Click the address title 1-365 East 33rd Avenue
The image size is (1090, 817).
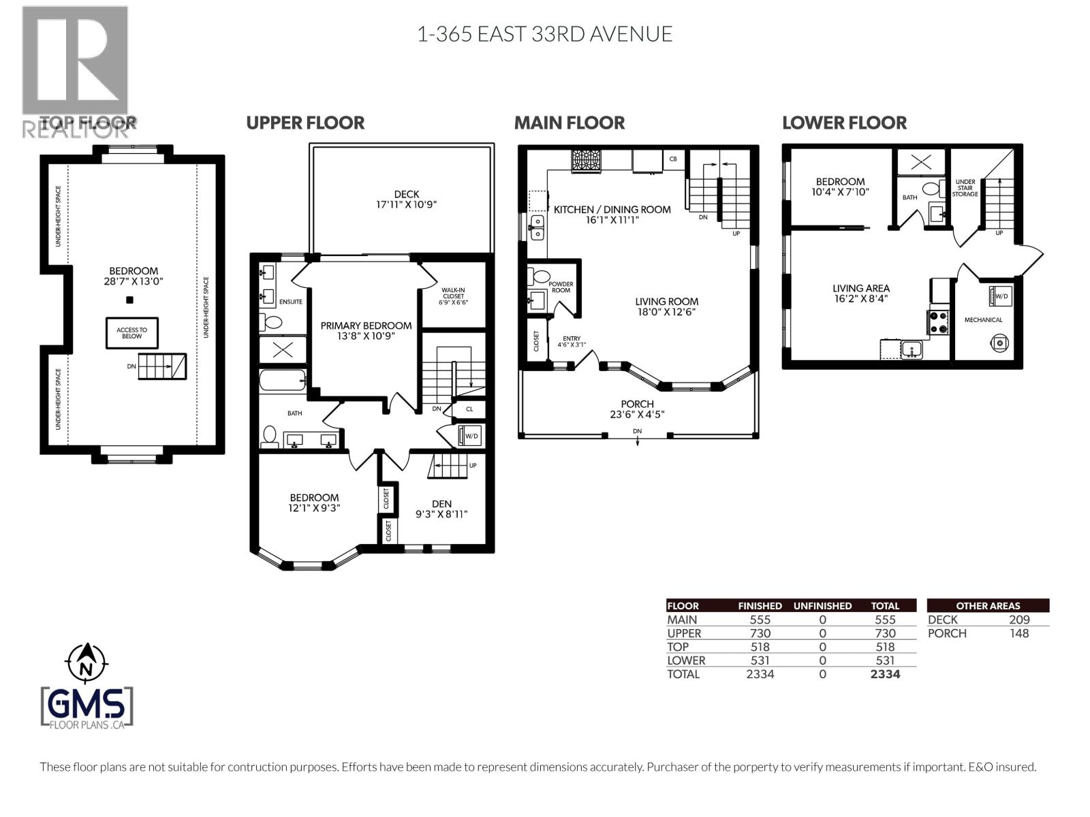click(544, 34)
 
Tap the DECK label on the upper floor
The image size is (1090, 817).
click(406, 194)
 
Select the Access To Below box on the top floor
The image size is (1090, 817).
click(131, 333)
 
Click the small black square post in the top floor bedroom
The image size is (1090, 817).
click(129, 300)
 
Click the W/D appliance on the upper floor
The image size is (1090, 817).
click(470, 436)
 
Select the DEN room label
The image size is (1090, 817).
click(441, 504)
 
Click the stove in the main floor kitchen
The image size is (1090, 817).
click(586, 161)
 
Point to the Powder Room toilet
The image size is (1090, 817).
click(542, 276)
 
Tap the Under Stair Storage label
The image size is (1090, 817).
click(965, 188)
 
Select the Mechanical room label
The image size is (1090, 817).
click(983, 320)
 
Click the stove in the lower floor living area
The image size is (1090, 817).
click(938, 322)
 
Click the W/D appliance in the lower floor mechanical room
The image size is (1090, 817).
click(1000, 297)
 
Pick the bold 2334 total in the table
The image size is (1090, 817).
click(885, 674)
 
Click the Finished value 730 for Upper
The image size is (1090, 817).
click(760, 633)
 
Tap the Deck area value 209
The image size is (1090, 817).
click(1019, 620)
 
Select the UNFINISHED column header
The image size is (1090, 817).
click(822, 606)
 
